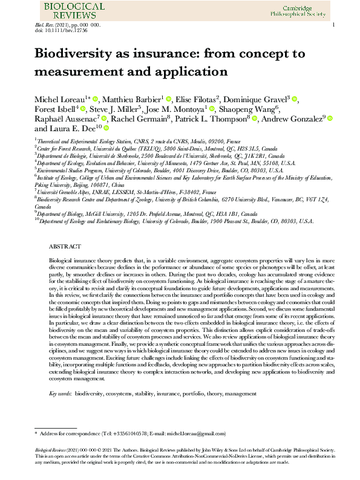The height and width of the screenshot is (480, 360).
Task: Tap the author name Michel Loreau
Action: [59, 99]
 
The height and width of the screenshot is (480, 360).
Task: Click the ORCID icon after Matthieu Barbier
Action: [169, 99]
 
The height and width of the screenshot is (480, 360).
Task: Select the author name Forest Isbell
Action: [54, 109]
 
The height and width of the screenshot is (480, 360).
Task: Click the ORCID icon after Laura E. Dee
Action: [106, 129]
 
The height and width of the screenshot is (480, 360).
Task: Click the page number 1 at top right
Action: [333, 25]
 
